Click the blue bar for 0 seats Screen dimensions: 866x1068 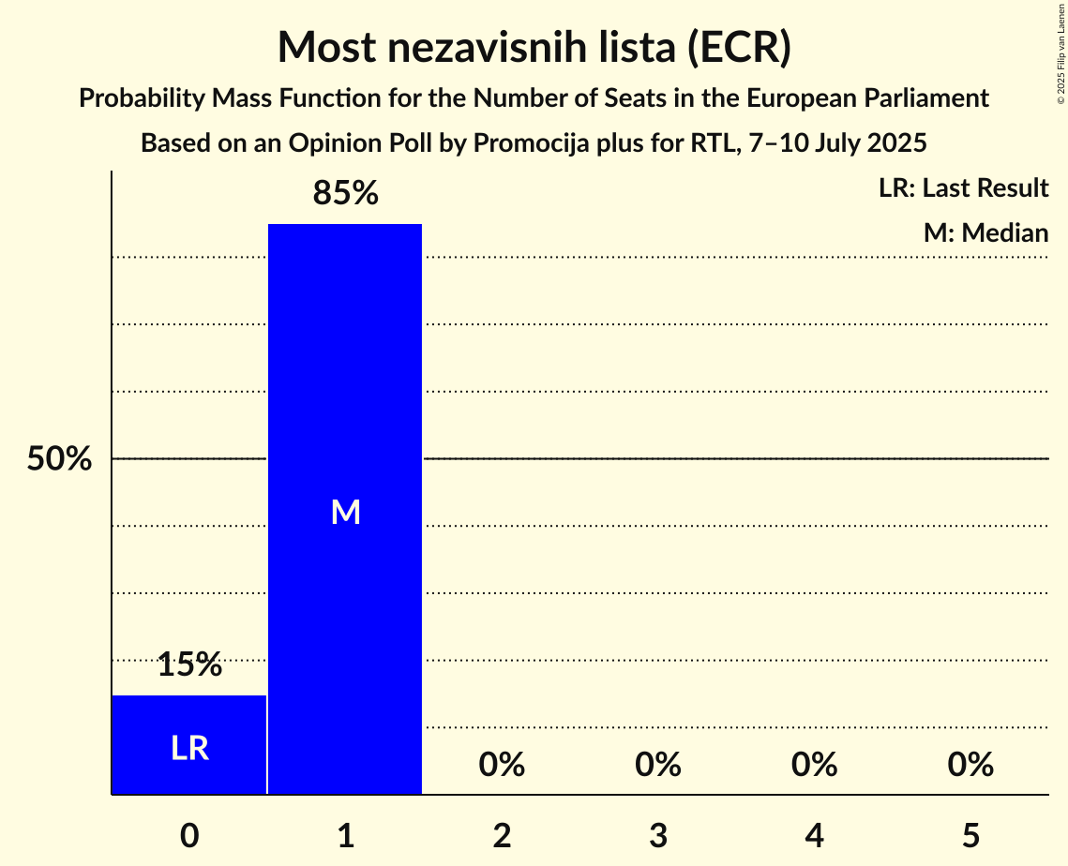pos(188,722)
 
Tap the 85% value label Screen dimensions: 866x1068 pos(345,194)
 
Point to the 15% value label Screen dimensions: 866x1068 pos(189,665)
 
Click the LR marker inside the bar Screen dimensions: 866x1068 pos(189,748)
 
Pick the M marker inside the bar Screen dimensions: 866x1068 pos(345,512)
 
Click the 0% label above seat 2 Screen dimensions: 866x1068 pos(502,765)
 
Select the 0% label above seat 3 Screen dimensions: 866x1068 pos(657,765)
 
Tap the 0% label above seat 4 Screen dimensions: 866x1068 pos(814,765)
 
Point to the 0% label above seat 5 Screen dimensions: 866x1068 pos(970,765)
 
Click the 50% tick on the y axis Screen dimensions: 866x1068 pos(59,459)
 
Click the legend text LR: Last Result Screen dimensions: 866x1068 pos(963,188)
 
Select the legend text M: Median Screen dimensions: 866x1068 pos(985,232)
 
